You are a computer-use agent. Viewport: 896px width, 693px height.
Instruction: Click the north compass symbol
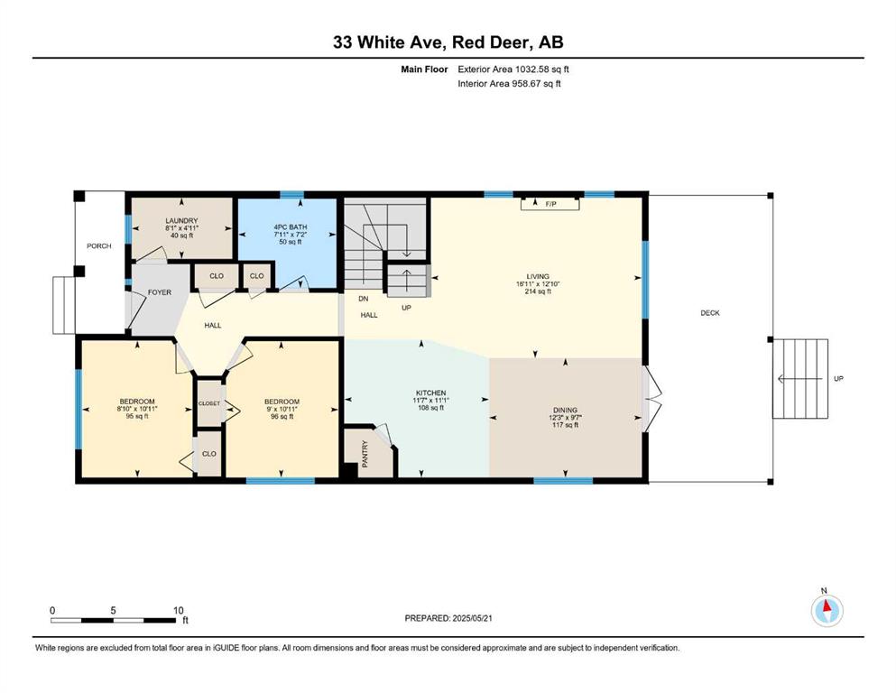pos(827,610)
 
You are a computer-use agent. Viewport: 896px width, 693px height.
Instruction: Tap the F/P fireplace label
pos(550,204)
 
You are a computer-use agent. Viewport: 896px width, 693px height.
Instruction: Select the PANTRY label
pos(365,454)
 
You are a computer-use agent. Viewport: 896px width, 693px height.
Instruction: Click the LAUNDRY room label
pos(181,220)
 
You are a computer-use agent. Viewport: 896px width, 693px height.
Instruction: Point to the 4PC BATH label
pos(291,226)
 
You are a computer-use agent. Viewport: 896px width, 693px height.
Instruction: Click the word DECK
pos(710,313)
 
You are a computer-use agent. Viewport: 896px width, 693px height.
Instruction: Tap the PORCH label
pos(99,245)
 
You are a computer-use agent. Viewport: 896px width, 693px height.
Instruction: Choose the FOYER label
pos(160,292)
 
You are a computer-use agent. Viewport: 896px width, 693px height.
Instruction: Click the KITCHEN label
pos(431,393)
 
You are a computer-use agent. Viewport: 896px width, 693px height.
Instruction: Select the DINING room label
pos(565,411)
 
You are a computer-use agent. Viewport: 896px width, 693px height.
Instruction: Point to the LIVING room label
pos(538,276)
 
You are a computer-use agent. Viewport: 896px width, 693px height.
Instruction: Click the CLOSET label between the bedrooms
pos(209,403)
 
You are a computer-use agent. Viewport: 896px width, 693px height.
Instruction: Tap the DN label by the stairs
pos(364,299)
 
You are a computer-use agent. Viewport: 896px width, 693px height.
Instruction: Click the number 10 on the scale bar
pos(179,610)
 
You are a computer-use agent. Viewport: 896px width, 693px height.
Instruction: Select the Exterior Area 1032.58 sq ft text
pos(513,69)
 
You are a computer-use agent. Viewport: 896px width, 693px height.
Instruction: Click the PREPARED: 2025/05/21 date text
pos(448,618)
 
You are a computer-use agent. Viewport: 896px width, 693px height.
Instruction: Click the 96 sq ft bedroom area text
pos(282,417)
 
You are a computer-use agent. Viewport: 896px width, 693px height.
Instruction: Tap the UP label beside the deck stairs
pos(838,378)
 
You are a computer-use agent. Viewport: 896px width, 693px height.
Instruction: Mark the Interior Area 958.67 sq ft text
pos(509,83)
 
